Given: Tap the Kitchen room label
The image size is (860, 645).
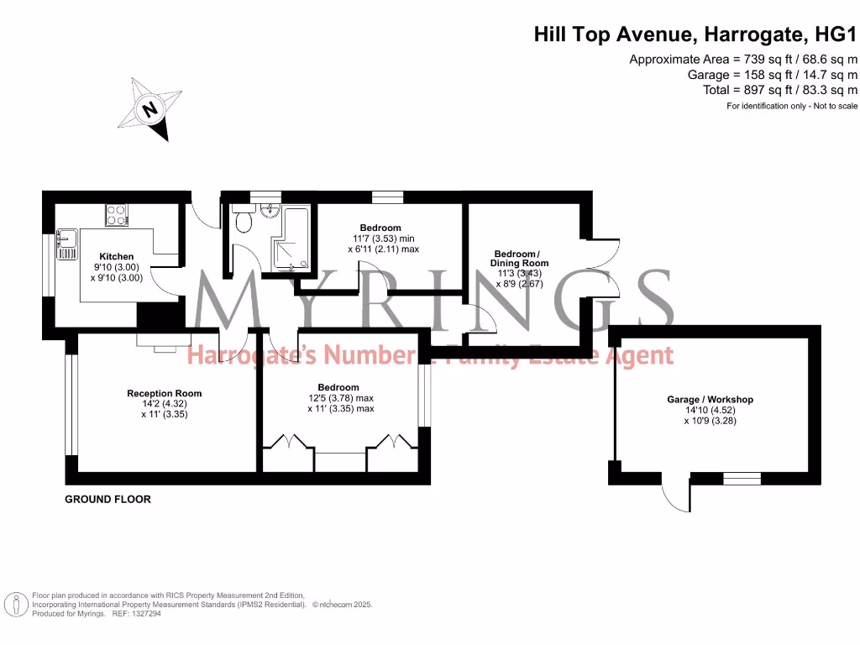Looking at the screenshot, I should pos(117,256).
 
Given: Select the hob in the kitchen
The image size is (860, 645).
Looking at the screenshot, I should pos(117,215).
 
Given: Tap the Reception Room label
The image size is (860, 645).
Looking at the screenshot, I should pos(164,393).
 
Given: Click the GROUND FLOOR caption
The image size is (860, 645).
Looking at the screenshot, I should pos(108,499).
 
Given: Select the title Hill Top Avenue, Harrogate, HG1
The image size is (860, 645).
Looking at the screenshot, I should pos(696,34).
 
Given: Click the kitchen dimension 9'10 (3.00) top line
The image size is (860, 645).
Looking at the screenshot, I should pos(117,267).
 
